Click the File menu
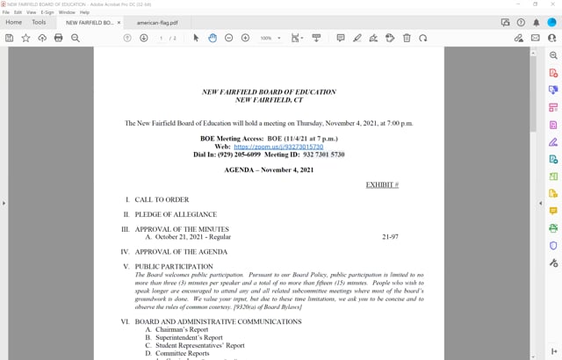coord(5,12)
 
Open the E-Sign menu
coord(47,12)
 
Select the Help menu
coord(84,12)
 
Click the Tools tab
coord(39,22)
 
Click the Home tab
coord(14,22)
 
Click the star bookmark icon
coord(25,38)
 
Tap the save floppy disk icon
coord(9,38)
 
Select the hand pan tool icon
coord(213,38)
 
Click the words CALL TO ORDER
coord(162,200)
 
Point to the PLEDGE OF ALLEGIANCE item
coord(176,214)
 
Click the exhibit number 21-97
coord(390,237)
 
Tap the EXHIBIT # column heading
coord(382,185)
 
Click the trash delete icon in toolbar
coord(406,38)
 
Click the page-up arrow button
coord(127,38)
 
